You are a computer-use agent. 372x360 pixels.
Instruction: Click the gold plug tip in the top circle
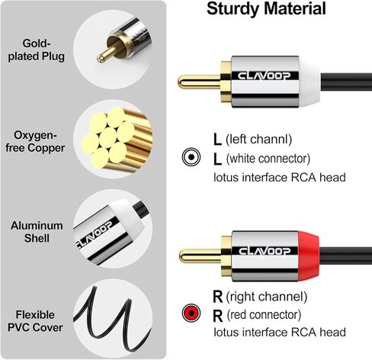[103, 54]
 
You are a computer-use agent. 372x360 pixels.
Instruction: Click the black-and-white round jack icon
[189, 157]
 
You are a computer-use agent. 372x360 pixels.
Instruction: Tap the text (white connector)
[271, 159]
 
